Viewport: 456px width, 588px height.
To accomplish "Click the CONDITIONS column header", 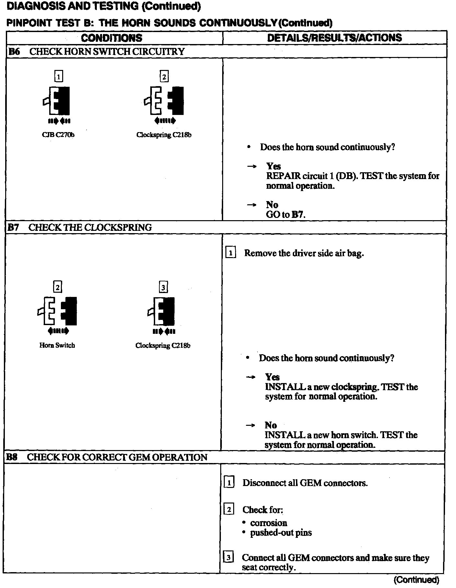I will point(111,38).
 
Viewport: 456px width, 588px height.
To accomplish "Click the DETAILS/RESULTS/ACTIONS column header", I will point(334,38).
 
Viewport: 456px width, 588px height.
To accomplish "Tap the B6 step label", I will point(14,52).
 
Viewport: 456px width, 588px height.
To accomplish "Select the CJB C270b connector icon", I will point(58,101).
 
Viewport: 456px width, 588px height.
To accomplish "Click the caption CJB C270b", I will point(58,135).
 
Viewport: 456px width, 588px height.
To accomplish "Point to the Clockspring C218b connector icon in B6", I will point(164,101).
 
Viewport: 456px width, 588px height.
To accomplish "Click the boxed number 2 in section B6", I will point(164,77).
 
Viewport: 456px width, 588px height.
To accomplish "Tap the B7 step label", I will point(13,228).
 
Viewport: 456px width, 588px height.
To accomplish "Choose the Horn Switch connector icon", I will point(58,311).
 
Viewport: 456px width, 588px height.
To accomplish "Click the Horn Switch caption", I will point(57,345).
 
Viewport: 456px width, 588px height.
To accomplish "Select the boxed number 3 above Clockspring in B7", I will point(163,287).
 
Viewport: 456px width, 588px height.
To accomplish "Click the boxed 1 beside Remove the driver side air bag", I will point(230,253).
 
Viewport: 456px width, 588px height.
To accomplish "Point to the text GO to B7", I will point(286,214).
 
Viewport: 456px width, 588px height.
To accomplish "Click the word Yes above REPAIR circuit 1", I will point(273,166).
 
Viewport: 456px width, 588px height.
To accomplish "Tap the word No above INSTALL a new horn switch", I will point(271,425).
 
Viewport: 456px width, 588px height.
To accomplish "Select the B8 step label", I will point(12,458).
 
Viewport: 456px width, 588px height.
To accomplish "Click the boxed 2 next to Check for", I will point(229,510).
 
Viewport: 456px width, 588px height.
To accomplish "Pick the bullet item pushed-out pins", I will point(281,533).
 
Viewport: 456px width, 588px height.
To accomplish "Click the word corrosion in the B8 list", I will point(268,523).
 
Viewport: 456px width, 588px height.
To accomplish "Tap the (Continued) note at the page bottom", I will point(416,580).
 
